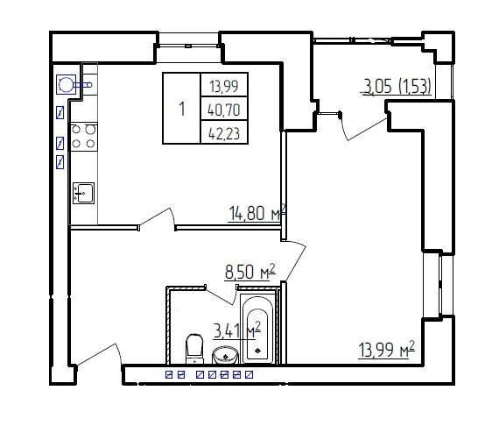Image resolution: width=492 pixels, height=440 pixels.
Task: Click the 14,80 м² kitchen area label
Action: pyautogui.click(x=257, y=213)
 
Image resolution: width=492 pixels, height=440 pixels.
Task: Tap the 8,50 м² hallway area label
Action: pyautogui.click(x=250, y=272)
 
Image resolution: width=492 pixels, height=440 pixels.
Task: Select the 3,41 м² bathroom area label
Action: pyautogui.click(x=237, y=330)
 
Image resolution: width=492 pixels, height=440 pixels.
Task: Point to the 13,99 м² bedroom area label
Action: pyautogui.click(x=387, y=349)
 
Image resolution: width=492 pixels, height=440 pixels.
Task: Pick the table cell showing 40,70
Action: pyautogui.click(x=224, y=110)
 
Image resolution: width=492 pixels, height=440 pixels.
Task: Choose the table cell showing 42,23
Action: pyautogui.click(x=224, y=133)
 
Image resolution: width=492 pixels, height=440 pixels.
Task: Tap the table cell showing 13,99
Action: pyautogui.click(x=224, y=86)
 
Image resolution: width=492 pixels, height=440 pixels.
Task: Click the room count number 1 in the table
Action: pyautogui.click(x=182, y=109)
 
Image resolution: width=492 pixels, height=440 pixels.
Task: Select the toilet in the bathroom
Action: pyautogui.click(x=194, y=349)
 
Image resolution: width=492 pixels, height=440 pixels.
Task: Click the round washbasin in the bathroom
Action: pyautogui.click(x=225, y=355)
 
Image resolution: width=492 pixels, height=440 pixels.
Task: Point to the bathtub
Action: pyautogui.click(x=257, y=327)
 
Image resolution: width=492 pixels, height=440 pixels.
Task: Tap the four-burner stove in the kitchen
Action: pyautogui.click(x=84, y=137)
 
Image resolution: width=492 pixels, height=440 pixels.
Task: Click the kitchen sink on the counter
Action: pyautogui.click(x=83, y=193)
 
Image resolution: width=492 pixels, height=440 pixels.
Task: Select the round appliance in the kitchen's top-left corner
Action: pyautogui.click(x=66, y=84)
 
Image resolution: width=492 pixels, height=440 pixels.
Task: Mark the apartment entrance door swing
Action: pyautogui.click(x=98, y=354)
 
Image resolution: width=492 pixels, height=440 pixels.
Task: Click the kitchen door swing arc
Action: pyautogui.click(x=157, y=217)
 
